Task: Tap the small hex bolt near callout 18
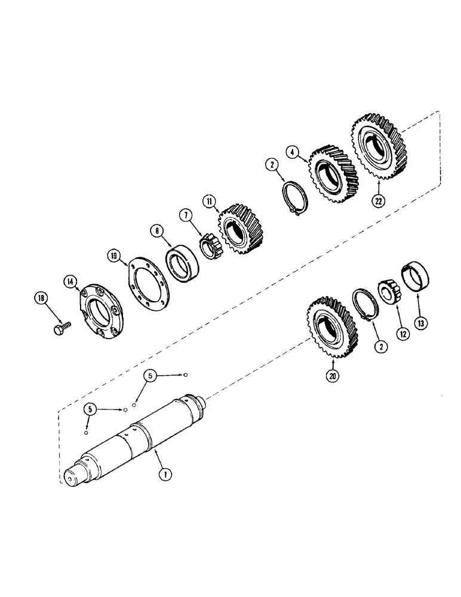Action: [62, 328]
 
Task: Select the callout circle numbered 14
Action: [72, 279]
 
